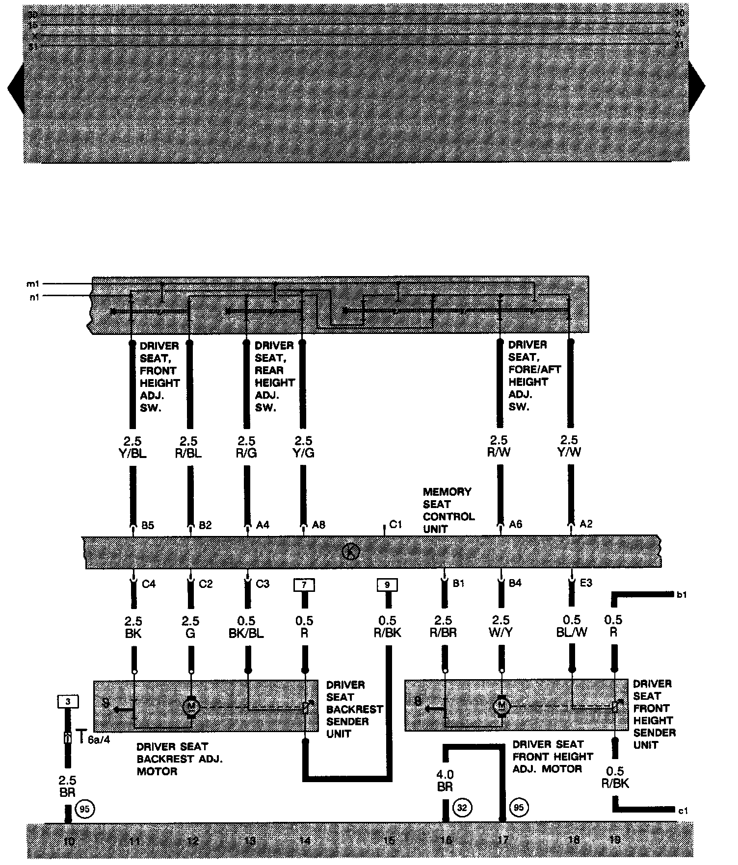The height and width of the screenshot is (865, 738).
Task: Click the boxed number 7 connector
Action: coord(304,585)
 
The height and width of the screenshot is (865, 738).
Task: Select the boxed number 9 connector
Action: coord(387,585)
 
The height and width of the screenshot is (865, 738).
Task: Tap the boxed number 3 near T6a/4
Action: coord(68,702)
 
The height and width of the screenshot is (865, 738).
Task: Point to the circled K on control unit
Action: coord(351,552)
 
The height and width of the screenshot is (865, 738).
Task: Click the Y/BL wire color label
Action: coord(132,453)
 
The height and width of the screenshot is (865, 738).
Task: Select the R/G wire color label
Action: coord(246,453)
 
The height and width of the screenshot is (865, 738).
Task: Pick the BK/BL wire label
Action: coord(246,633)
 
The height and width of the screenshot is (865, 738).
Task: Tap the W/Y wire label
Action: coord(501,633)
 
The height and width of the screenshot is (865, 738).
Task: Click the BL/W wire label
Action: coord(572,633)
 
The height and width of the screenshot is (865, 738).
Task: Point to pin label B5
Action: coord(148,525)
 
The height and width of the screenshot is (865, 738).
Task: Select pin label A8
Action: coord(318,525)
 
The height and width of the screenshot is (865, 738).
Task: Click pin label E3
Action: coord(586,583)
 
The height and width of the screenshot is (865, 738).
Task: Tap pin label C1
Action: coord(395,525)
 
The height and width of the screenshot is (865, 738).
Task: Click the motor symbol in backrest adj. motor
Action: coord(190,707)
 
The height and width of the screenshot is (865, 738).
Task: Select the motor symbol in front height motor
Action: coord(501,707)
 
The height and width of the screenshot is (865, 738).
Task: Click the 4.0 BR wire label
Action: coord(445,781)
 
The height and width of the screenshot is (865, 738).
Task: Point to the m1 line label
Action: coord(33,284)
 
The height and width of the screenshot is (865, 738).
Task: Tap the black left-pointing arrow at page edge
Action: coord(16,88)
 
